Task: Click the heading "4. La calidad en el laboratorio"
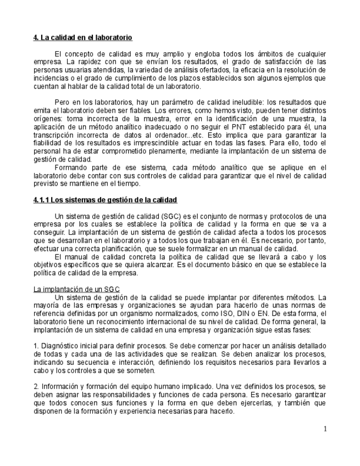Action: (82, 38)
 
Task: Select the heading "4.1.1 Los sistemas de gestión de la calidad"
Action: (105, 199)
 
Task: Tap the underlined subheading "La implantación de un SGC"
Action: (76, 289)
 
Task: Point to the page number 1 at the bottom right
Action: (325, 429)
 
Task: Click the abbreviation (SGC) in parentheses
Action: (163, 216)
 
